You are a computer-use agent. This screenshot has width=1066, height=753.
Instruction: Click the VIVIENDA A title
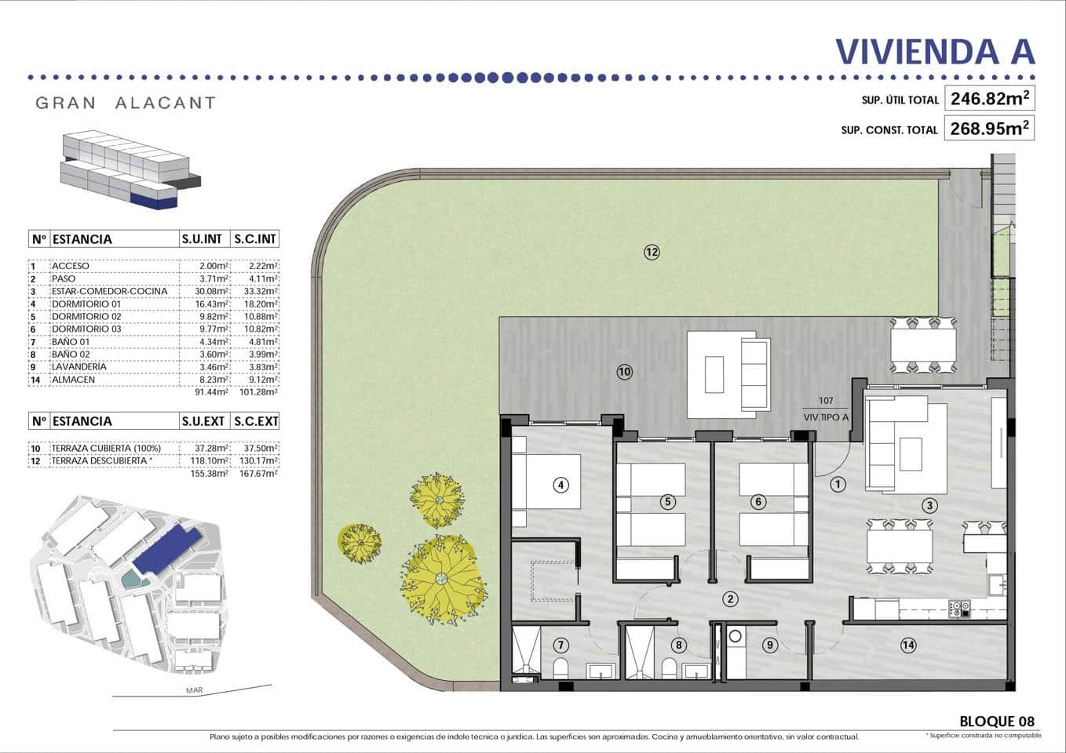[935, 52]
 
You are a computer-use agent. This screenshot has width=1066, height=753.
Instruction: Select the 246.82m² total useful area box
[989, 99]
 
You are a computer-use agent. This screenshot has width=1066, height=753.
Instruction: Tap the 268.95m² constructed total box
[989, 128]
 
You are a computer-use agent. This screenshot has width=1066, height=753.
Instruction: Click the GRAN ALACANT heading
[126, 103]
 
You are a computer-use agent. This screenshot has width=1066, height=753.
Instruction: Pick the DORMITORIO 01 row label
[86, 304]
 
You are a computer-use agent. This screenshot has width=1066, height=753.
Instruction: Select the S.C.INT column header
[256, 239]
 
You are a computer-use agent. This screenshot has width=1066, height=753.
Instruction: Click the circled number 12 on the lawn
[652, 252]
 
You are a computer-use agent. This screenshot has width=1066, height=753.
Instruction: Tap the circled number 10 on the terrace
[624, 372]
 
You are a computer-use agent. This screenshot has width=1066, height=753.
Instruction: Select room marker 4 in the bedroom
[560, 485]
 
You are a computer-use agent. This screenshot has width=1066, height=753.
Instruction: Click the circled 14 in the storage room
[908, 646]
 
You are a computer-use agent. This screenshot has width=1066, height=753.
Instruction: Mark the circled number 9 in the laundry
[769, 646]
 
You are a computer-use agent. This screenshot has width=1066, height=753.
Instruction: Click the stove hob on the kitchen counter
[960, 607]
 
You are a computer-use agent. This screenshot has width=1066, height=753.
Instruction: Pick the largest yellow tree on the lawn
[440, 579]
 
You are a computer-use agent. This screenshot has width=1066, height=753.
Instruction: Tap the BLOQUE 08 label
[996, 721]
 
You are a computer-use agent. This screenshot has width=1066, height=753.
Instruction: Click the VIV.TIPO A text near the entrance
[826, 417]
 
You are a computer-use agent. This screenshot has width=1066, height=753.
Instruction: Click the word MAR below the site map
[194, 690]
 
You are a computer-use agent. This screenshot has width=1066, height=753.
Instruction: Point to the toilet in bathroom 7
[560, 668]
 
